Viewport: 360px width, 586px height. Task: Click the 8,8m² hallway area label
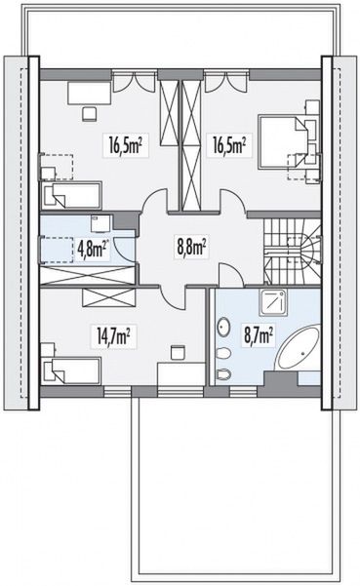click(x=190, y=248)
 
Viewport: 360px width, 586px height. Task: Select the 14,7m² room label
click(x=113, y=336)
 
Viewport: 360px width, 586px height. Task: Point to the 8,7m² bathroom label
click(x=258, y=334)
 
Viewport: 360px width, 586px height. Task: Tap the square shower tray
click(x=275, y=302)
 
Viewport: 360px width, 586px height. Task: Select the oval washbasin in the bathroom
click(x=223, y=328)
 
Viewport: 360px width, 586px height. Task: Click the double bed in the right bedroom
click(x=284, y=140)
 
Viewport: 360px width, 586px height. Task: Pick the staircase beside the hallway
click(x=293, y=252)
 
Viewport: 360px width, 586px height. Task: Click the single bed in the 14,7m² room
click(x=70, y=371)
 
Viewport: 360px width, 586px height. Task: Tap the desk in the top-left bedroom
click(x=90, y=93)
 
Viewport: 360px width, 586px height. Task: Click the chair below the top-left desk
click(x=90, y=114)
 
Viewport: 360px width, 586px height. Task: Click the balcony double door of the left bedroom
click(x=134, y=82)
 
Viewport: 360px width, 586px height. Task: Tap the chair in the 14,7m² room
click(x=178, y=353)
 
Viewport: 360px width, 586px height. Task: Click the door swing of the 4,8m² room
click(x=123, y=244)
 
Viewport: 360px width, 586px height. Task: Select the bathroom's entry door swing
click(x=230, y=275)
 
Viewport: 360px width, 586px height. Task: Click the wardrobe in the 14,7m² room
click(x=108, y=297)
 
